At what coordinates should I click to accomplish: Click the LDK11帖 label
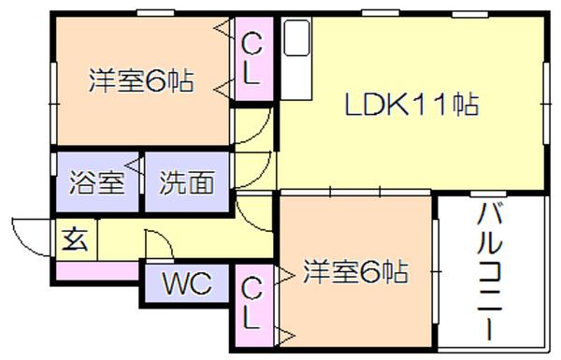411,104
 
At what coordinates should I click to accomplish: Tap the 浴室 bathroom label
96,182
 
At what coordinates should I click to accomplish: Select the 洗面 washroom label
187,182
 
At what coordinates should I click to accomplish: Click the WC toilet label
187,283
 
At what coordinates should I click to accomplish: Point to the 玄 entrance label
75,239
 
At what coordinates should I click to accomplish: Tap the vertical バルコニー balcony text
489,271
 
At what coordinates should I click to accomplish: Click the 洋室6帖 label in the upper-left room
141,80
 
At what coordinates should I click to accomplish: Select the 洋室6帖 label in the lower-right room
355,272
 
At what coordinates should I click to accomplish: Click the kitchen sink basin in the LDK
296,37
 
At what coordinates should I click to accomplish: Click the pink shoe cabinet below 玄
97,271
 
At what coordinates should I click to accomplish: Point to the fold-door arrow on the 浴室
134,166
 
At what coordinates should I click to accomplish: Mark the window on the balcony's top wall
488,194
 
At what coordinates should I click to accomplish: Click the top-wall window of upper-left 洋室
155,13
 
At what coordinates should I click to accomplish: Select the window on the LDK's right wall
546,104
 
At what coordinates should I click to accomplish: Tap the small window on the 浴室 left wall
53,165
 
